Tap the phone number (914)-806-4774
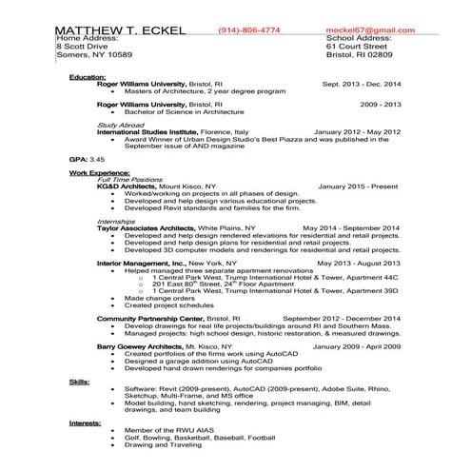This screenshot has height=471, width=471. (249, 31)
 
